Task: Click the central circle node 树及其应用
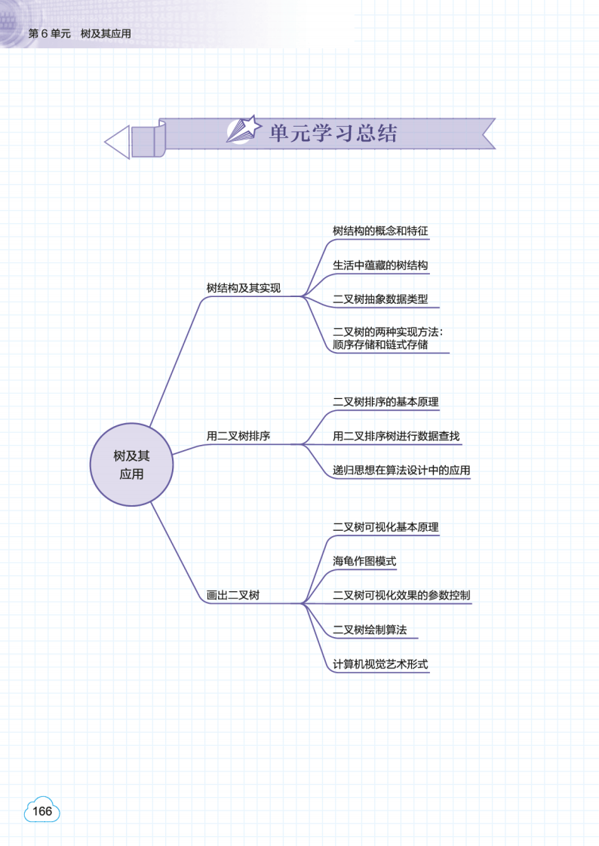(131, 464)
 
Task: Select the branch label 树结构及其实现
(244, 288)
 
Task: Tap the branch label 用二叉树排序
(238, 436)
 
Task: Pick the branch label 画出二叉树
(233, 595)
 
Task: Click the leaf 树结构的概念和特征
(380, 231)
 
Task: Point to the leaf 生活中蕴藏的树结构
(380, 265)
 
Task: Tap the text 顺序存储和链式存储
(380, 345)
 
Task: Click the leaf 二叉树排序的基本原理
(386, 402)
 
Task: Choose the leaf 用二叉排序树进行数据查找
(396, 436)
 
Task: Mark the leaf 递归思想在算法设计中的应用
(401, 471)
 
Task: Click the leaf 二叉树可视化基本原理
(386, 527)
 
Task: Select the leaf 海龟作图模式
(364, 561)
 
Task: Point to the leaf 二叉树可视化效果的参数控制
(401, 595)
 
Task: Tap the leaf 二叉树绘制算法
(370, 630)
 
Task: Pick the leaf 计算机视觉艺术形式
(380, 664)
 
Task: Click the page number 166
(42, 811)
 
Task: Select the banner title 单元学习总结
(333, 133)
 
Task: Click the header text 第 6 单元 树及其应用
(79, 34)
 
